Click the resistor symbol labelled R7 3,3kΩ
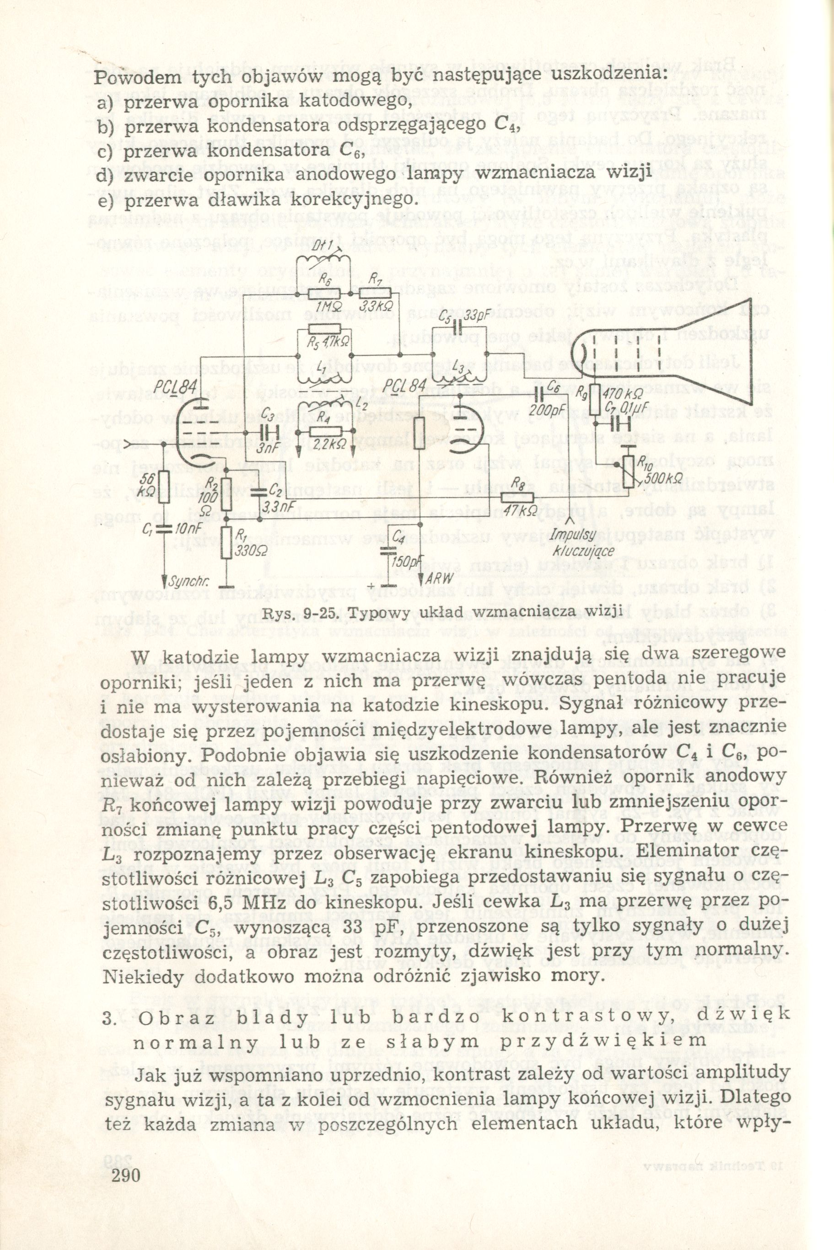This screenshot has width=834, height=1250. pyautogui.click(x=375, y=294)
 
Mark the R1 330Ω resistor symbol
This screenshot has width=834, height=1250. pyautogui.click(x=226, y=543)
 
